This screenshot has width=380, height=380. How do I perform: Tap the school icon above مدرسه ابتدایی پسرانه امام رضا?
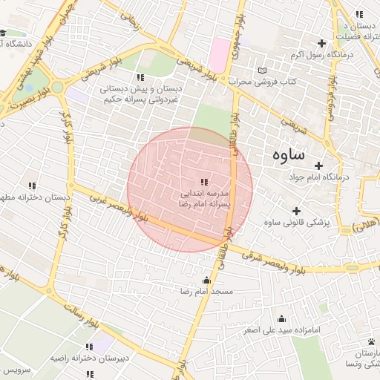(204, 182)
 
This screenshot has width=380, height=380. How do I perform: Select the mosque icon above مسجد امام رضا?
(206, 280)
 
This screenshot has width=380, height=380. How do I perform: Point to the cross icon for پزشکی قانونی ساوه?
(297, 212)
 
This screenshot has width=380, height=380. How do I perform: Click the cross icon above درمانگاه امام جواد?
(319, 166)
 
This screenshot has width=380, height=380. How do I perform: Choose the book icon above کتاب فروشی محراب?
(261, 71)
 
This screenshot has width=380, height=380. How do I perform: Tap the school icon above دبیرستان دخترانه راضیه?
(89, 347)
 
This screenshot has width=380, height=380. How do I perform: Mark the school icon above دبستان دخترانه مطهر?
(32, 186)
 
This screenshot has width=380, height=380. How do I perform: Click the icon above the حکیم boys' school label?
(140, 77)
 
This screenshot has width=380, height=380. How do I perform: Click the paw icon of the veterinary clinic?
(370, 341)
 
